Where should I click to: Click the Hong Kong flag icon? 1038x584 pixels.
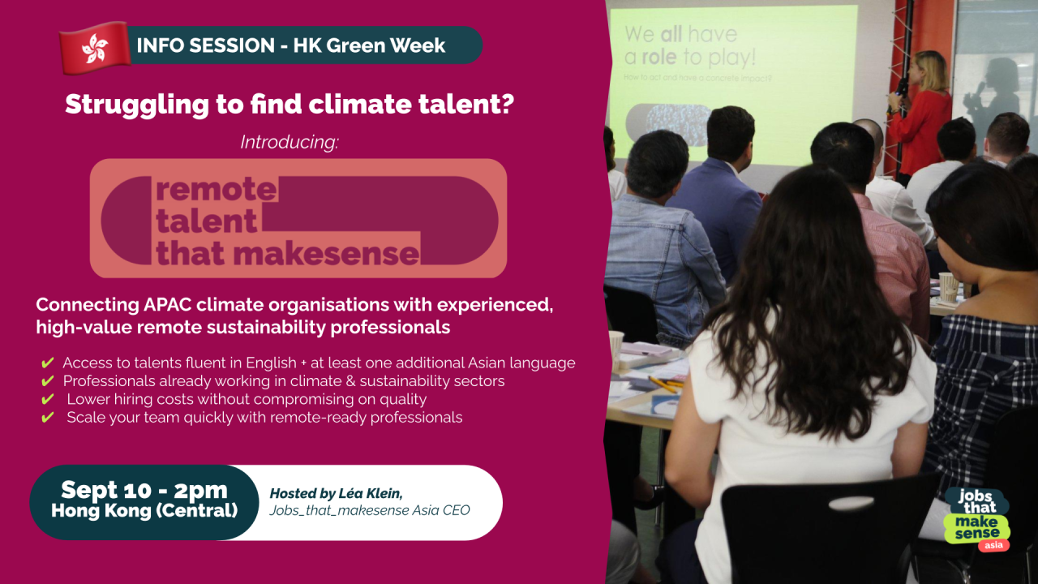96,48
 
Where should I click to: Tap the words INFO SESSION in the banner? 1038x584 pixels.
205,45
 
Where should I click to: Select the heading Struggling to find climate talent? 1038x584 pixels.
290,104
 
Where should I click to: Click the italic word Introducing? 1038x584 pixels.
290,142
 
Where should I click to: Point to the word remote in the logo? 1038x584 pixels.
217,190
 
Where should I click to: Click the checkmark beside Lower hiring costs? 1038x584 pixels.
48,399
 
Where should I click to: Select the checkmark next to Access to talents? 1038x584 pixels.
48,363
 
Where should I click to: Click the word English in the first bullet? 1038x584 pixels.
271,363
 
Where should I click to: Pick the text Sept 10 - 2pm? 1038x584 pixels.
144,490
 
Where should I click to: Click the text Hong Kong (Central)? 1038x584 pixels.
144,510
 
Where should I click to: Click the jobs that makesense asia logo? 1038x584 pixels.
978,520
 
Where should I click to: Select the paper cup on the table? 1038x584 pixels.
948,287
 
